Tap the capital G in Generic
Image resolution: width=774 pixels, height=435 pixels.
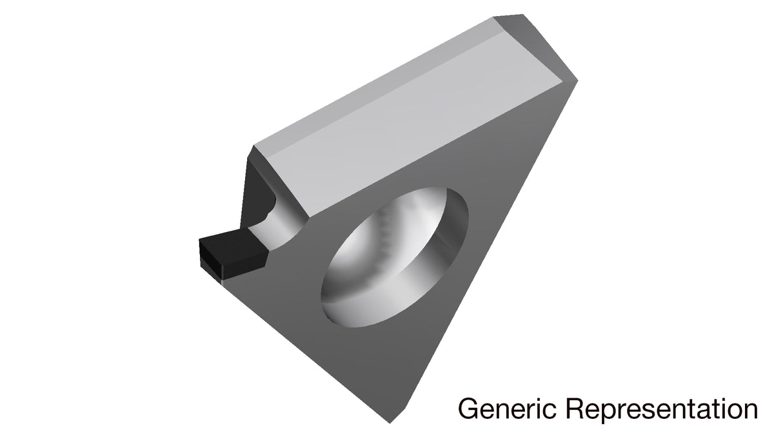tap(468, 409)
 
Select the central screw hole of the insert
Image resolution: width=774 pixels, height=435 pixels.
tap(395, 257)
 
